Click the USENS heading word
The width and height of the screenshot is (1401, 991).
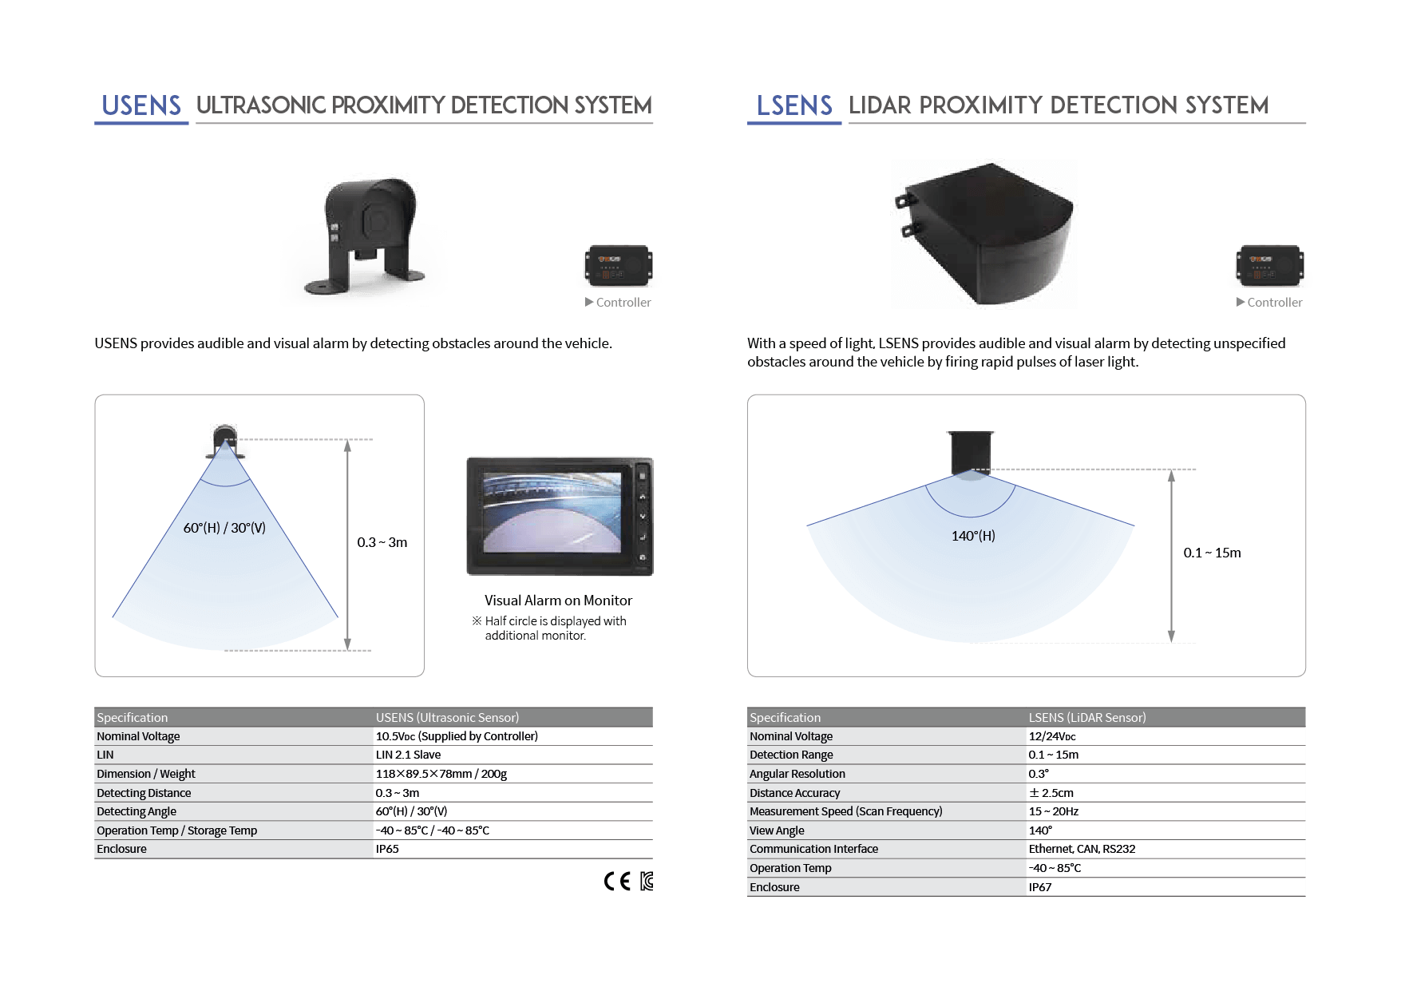[x=141, y=105]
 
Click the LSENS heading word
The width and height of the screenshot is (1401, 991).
[x=794, y=105]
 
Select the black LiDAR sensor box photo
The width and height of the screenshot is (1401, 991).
[x=983, y=234]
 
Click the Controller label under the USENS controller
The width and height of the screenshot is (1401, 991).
[x=623, y=303]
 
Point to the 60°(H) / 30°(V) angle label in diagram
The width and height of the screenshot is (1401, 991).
[x=224, y=528]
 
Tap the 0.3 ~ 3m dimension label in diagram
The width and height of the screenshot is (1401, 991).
[x=382, y=542]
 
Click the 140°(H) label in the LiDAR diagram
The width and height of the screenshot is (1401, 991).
[x=973, y=536]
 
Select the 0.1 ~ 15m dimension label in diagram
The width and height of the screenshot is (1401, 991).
[x=1212, y=553]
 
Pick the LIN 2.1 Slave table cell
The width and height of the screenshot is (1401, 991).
[x=408, y=755]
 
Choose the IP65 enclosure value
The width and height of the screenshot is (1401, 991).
[x=387, y=849]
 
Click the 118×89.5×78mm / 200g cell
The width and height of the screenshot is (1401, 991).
[x=441, y=774]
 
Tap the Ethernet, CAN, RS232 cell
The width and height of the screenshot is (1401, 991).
[x=1082, y=849]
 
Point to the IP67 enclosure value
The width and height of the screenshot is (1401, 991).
[x=1039, y=887]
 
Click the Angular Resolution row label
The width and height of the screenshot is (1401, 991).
[x=797, y=774]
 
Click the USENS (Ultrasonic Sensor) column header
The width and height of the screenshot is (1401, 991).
[x=447, y=717]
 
